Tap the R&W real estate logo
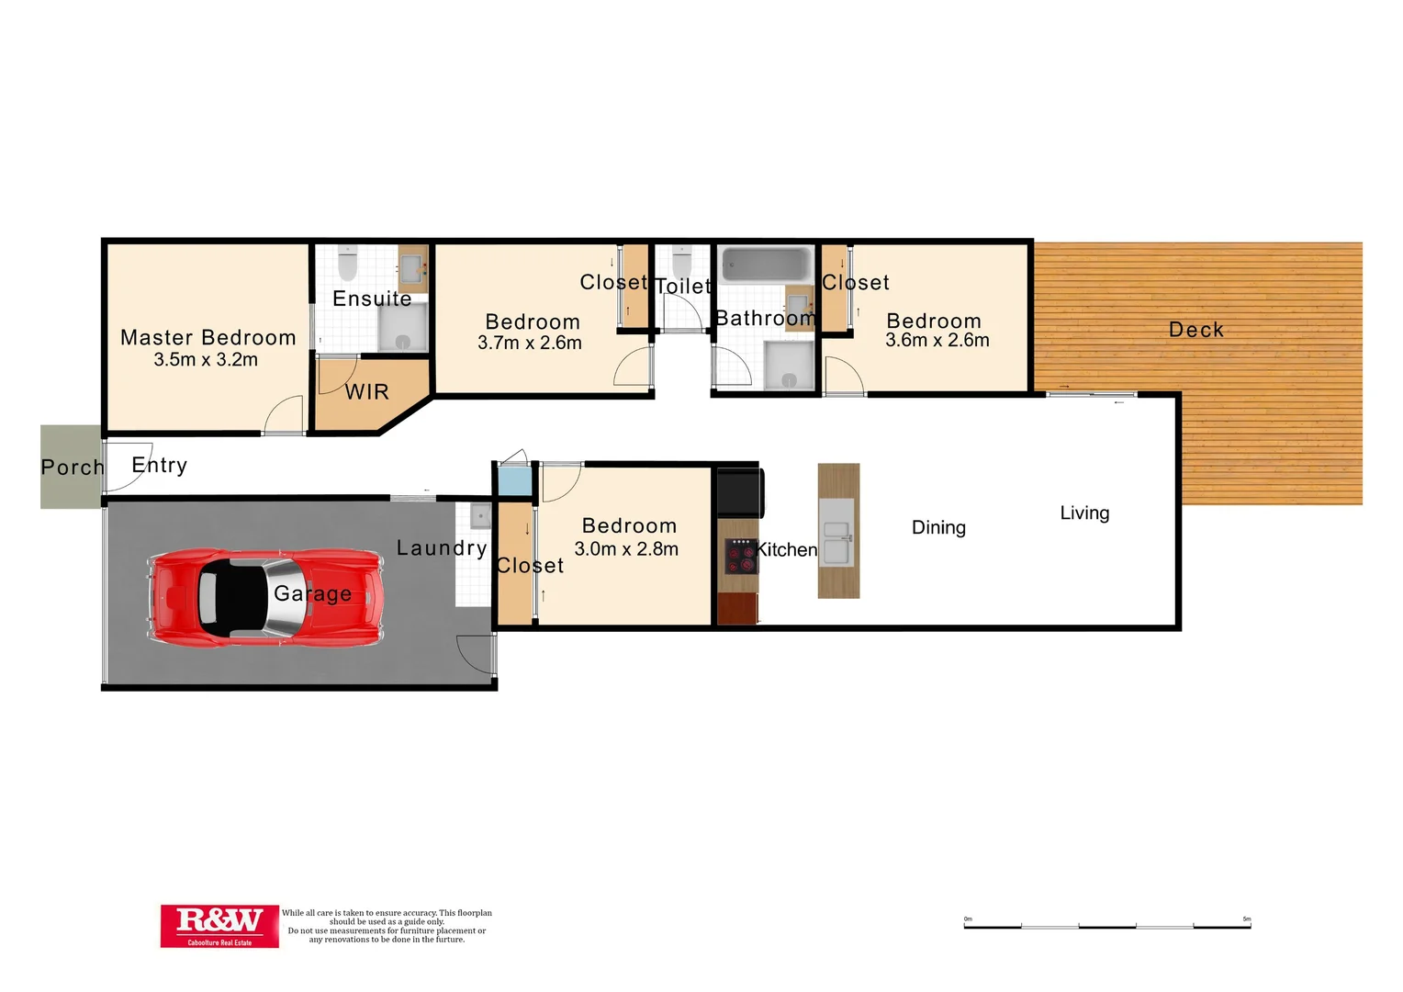[x=219, y=925]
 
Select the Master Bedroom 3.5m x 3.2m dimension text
[x=206, y=360]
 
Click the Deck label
[x=1195, y=330]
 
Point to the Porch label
[x=73, y=468]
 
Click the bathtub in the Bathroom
[x=765, y=265]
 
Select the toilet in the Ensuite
[x=347, y=264]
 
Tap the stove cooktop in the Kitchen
[x=740, y=556]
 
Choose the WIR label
[x=367, y=392]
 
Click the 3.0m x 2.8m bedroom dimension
[x=626, y=549]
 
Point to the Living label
[x=1084, y=513]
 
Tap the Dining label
[x=938, y=527]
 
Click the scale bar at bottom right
[x=1106, y=926]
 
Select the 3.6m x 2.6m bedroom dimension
[x=937, y=341]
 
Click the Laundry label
[x=442, y=548]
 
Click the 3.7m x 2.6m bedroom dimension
[x=530, y=344]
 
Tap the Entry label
[x=160, y=466]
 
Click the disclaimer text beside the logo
[x=387, y=926]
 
